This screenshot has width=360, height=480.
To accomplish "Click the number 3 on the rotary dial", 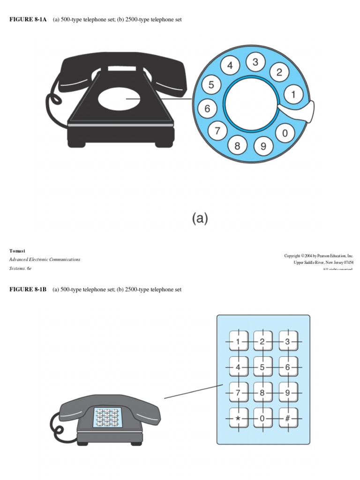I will point(255,62).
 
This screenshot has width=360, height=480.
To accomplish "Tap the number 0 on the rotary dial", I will point(285,133).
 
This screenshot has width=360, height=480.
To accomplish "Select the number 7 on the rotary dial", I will point(217,131).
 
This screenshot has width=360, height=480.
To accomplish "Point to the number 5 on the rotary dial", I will point(211,85).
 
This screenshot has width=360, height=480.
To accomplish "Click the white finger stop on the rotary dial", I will point(296,111).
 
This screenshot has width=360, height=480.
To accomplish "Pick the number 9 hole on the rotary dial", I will point(263,146).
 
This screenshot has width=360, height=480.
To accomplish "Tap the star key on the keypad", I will point(238,418).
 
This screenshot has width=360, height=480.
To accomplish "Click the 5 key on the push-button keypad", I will point(263,367).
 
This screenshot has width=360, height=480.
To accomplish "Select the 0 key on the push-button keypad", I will point(263,418).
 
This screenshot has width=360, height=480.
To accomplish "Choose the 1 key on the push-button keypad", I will point(238,342).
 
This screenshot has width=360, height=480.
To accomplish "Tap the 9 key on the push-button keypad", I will point(288,393).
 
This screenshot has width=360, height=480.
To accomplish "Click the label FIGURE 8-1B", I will point(28,290).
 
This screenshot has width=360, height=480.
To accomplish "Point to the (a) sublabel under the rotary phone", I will point(200,218).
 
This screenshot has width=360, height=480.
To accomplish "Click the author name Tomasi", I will point(17,251).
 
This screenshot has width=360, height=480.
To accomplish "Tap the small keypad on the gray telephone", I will point(107,417).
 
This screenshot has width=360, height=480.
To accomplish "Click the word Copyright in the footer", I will point(293,255).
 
